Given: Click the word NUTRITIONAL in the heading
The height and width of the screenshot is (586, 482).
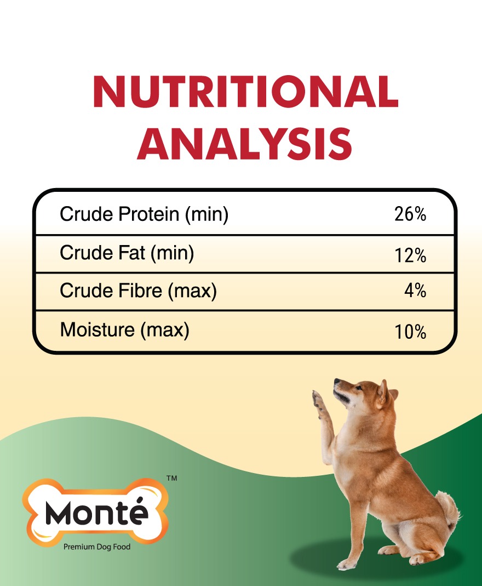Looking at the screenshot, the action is tap(245, 92).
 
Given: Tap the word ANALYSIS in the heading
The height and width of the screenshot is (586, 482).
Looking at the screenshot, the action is tap(244, 144).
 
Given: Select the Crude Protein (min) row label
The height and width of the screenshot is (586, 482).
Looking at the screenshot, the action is tap(144, 215).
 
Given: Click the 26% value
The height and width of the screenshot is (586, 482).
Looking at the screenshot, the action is tap(410, 214).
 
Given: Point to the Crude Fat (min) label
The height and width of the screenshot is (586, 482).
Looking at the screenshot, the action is tap(127, 253).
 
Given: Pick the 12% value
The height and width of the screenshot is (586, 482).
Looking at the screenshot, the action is tap(410, 256).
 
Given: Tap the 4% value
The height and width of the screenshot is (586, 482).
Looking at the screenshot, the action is tap(415, 291).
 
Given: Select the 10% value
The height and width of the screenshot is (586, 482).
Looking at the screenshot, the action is tap(410, 332).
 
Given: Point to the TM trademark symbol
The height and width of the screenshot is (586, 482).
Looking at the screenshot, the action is tap(172, 478).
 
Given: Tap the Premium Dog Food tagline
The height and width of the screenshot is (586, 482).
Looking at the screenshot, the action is tap(97, 547).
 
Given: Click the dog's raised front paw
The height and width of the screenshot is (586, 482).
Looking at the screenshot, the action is tap(318, 401).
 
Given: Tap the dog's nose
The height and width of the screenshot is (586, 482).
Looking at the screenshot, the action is tap(336, 381).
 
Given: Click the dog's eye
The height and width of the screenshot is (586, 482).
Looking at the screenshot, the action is tap(359, 388).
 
